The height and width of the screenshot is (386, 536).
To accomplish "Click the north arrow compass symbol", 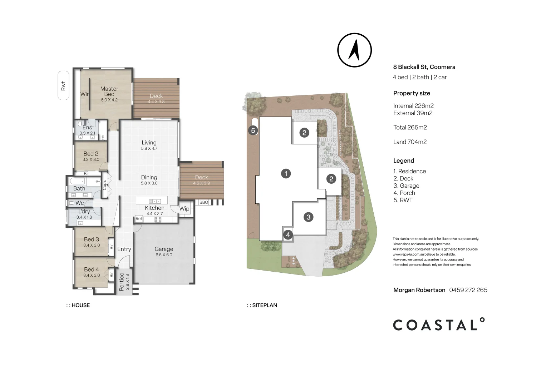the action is coord(354,50).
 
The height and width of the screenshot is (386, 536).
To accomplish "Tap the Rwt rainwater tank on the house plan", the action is coord(63,85).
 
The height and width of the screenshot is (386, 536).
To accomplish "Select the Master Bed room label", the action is coord(109,91).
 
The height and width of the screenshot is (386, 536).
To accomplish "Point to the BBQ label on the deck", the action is coord(203,202).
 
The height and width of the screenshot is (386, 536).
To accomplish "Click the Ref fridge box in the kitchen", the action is coord(139,219).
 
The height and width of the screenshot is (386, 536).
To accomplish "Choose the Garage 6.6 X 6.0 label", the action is coord(164,252).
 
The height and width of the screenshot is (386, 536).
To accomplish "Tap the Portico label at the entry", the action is coord(122,282).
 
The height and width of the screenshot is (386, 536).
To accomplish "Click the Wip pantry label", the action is coord(184,208).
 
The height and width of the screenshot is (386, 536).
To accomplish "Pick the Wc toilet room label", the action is coord(80,203).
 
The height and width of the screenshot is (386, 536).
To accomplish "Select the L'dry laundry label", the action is coord(84,212).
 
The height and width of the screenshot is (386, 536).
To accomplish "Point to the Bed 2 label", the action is coord(91,154).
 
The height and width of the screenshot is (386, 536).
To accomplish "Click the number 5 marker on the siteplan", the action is coord(253,130).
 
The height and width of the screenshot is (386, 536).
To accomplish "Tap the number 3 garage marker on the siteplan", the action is coord(309,217).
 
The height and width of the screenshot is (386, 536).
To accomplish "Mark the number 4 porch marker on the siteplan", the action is coord(288,235).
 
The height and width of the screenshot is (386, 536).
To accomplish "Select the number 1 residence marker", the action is coord(286,174).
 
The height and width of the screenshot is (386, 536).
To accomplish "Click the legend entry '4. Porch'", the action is coord(404,193).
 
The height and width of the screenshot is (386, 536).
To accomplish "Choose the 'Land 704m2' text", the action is coord(410,142).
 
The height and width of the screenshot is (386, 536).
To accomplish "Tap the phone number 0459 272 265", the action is coord(468,290).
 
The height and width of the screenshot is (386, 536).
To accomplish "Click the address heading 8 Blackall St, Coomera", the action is coord(424,67).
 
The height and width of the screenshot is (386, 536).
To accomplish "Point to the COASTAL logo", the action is coord(439,324).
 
